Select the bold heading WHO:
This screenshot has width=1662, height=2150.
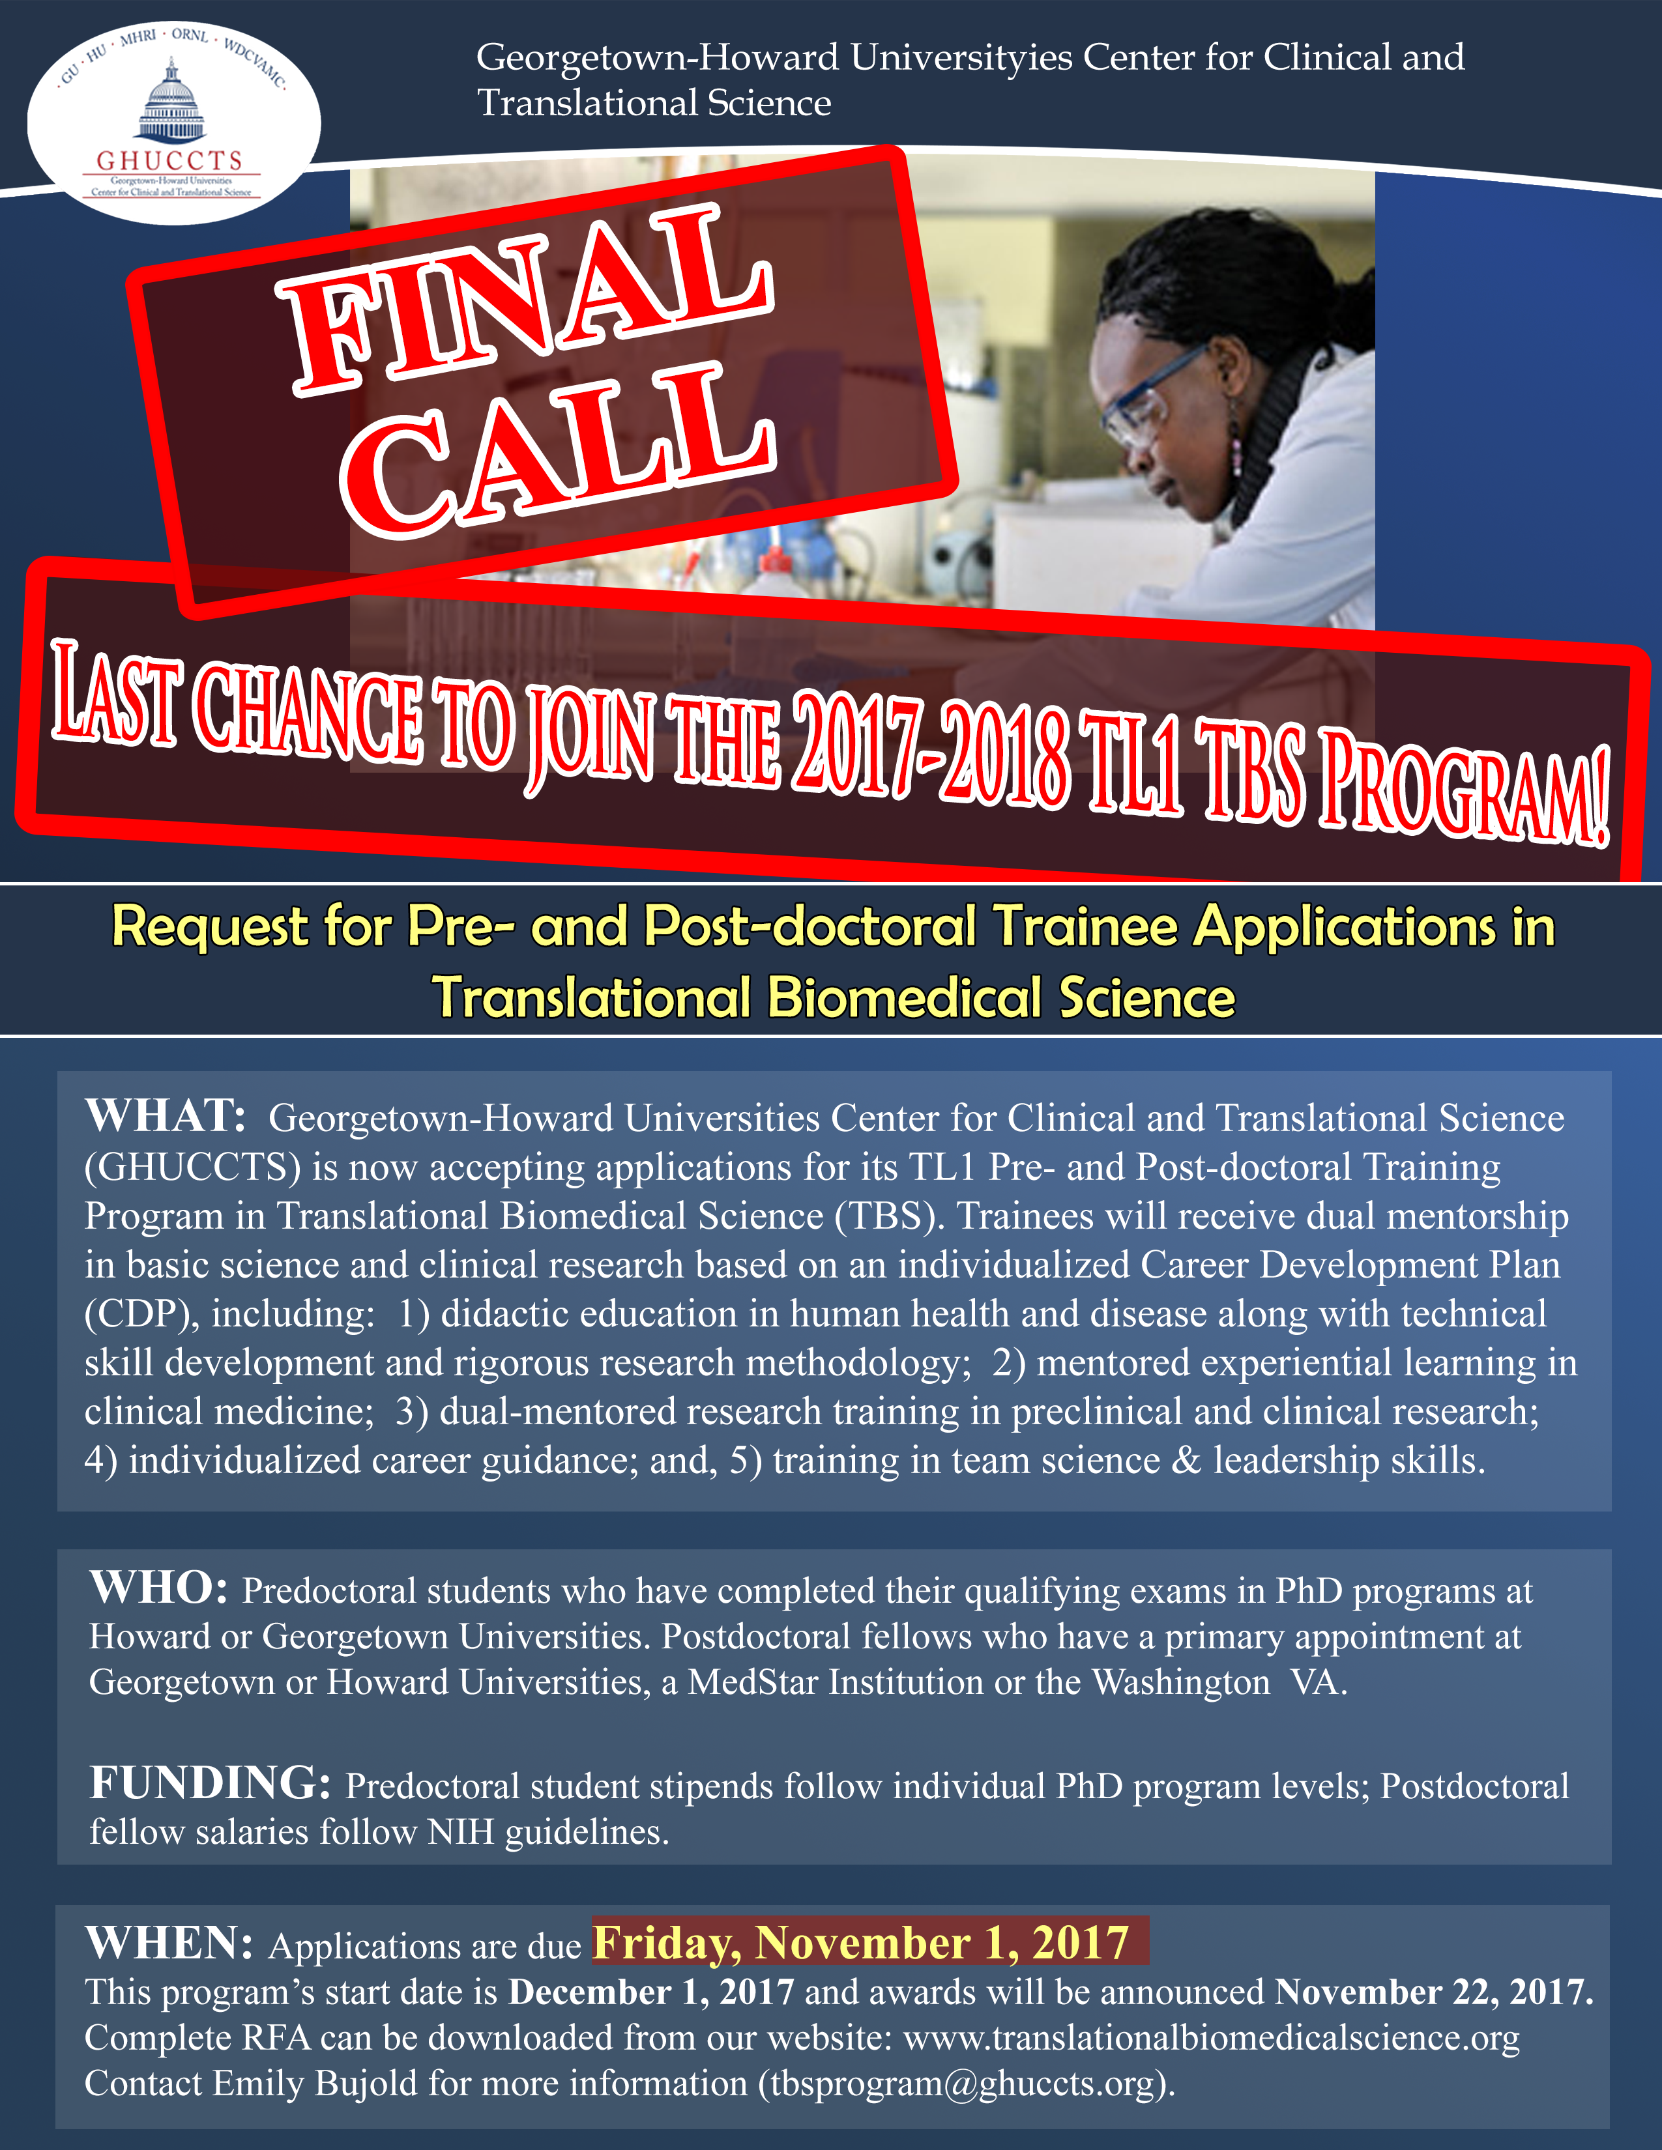(158, 1588)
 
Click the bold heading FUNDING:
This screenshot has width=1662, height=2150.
(210, 1783)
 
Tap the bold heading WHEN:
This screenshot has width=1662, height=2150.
(169, 1942)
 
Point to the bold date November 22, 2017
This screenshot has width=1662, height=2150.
(1435, 1992)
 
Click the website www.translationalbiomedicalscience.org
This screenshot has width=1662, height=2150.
(1211, 2038)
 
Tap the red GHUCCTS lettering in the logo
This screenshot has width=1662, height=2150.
(169, 160)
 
